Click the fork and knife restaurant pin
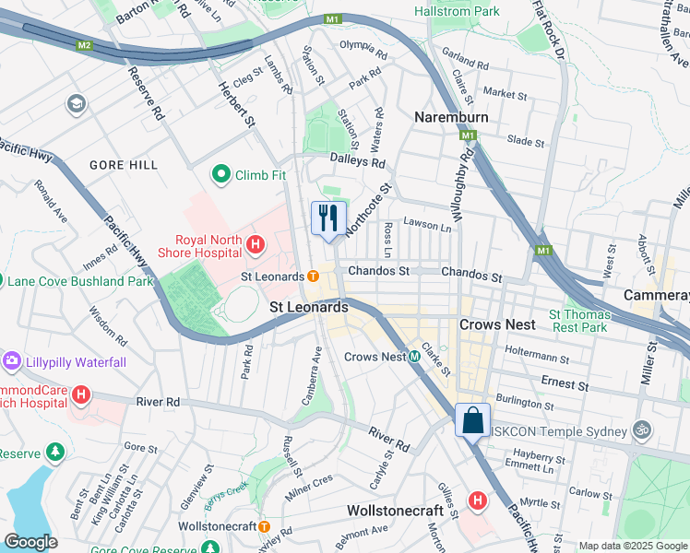tap(328, 218)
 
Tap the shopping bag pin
tap(472, 421)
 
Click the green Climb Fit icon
tap(221, 173)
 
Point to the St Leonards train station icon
tap(313, 276)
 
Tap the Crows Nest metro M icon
tap(415, 357)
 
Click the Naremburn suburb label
tap(450, 118)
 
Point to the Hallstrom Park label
tap(457, 12)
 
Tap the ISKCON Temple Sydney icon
tap(640, 429)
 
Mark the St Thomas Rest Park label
tap(578, 320)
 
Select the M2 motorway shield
tap(85, 45)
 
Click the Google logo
tap(30, 542)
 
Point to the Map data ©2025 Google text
tap(633, 546)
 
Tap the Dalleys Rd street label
tap(357, 161)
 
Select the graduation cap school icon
tap(76, 103)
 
